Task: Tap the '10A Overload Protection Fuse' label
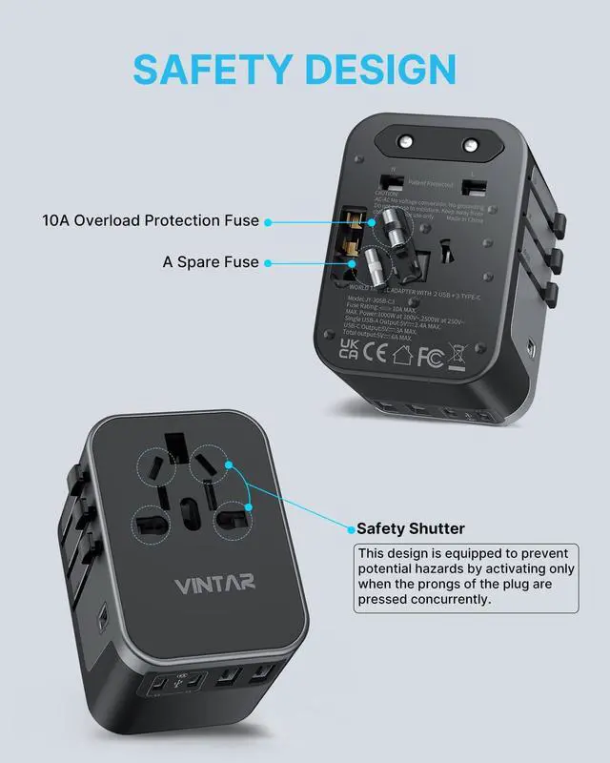(x=151, y=220)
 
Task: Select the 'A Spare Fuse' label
(x=211, y=261)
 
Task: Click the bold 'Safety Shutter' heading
(x=410, y=527)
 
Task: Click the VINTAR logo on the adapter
(x=213, y=583)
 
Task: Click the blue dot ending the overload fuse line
(x=269, y=221)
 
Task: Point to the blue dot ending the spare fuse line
(x=268, y=262)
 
